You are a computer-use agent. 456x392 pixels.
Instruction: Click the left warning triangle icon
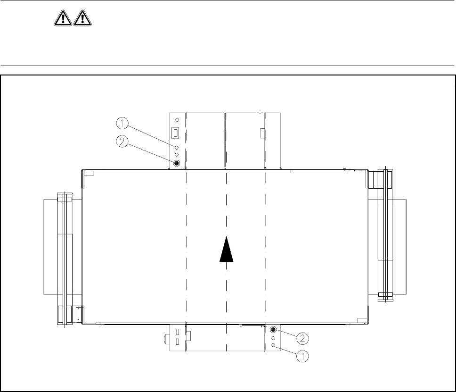click(x=63, y=18)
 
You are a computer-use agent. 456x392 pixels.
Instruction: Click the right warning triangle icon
click(x=82, y=18)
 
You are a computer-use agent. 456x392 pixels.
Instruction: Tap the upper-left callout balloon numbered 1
click(x=122, y=124)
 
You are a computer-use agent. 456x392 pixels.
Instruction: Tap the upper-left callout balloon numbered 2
click(x=122, y=142)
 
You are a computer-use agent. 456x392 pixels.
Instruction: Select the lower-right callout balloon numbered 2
click(x=302, y=338)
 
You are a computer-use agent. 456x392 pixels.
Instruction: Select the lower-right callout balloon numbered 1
click(x=302, y=356)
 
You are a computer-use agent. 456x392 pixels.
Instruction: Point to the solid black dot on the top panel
click(x=177, y=163)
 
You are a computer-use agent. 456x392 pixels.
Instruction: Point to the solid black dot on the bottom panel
click(x=273, y=330)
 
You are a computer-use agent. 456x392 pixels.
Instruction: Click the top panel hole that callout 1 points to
click(x=177, y=148)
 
